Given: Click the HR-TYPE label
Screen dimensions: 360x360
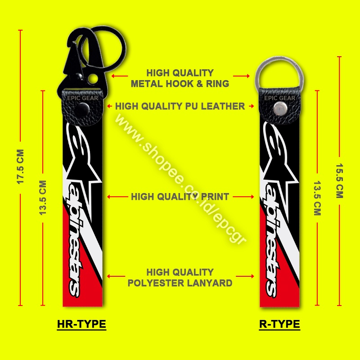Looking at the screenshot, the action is click(x=81, y=324).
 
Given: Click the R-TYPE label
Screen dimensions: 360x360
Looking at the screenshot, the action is click(x=279, y=324).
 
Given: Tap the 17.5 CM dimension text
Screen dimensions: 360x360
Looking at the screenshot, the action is click(x=20, y=166).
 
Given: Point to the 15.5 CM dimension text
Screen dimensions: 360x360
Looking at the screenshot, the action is click(x=340, y=181).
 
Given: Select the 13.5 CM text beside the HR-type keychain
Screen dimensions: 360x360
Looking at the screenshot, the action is click(x=43, y=198).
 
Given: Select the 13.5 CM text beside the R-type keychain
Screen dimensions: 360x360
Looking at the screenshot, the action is click(x=317, y=198).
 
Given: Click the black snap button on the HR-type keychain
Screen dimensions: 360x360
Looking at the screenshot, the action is click(x=83, y=109).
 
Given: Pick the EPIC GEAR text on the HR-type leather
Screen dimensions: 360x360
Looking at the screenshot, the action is click(x=83, y=98).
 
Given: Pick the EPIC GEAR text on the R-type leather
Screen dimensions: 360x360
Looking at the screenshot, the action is click(x=279, y=98).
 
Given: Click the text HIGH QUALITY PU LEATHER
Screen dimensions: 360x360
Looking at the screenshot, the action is click(x=180, y=106).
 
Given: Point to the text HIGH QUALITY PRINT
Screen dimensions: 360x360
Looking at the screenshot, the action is click(x=180, y=197).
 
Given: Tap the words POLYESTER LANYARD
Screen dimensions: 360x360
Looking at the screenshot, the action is click(x=180, y=283).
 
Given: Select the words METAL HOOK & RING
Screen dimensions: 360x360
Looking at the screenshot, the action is click(x=180, y=84).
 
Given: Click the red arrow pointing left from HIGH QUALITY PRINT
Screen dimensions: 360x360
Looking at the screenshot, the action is click(x=117, y=197).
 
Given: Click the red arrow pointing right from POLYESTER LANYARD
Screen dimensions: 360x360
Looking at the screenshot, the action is click(x=245, y=276).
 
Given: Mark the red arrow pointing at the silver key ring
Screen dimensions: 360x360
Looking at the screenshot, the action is click(x=241, y=76).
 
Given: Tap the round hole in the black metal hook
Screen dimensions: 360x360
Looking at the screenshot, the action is click(x=93, y=79).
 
